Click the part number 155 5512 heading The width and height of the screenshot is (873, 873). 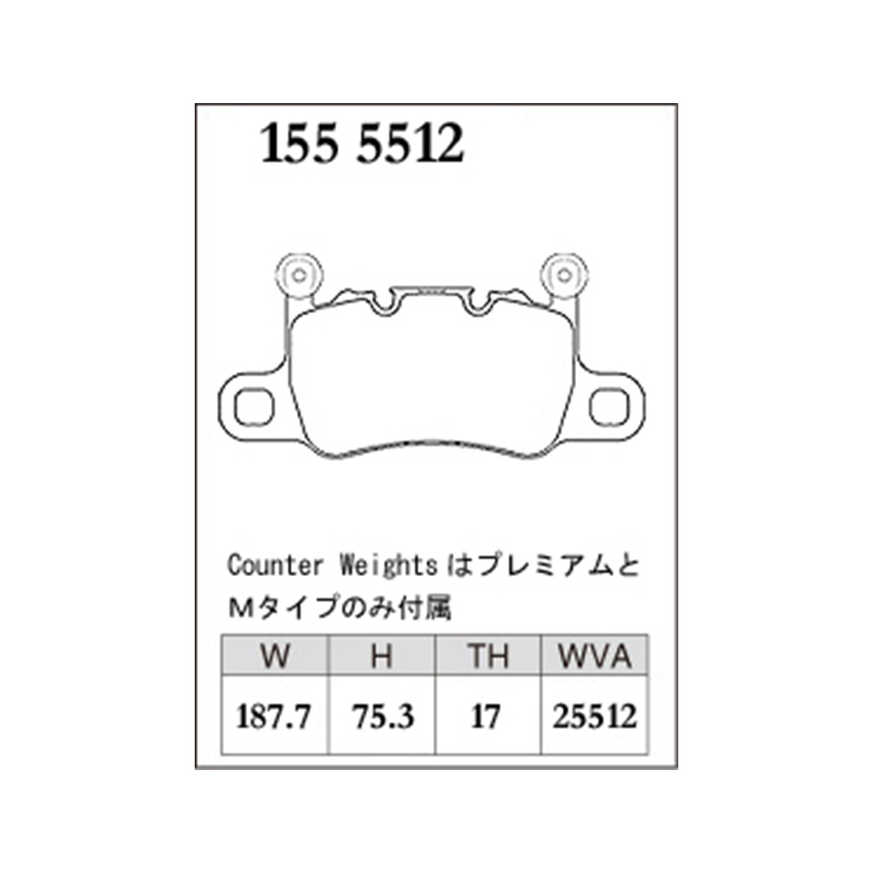[362, 144]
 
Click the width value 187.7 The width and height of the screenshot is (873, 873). [273, 716]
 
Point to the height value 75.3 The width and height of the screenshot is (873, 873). [383, 716]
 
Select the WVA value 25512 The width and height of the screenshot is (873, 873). [595, 716]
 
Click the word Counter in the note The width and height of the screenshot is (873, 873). [275, 566]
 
